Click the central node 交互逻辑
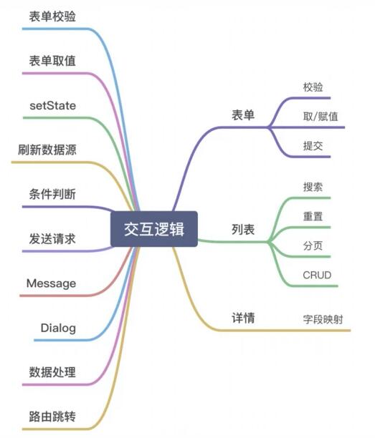(x=154, y=229)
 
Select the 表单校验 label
(x=52, y=16)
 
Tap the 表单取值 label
(x=52, y=61)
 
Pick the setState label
(x=52, y=106)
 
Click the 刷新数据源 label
(x=47, y=150)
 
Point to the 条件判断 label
(x=52, y=194)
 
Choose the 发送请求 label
(x=52, y=239)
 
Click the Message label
(x=51, y=283)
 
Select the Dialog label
(x=58, y=328)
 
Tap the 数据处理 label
(x=52, y=372)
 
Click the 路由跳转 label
(x=52, y=417)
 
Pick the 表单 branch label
(x=243, y=115)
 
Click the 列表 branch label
(x=243, y=230)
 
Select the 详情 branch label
(x=243, y=318)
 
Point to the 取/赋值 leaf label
(x=321, y=117)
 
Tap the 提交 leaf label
(x=313, y=146)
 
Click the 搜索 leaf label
(x=313, y=187)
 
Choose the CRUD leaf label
(x=317, y=275)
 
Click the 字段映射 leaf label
(x=323, y=319)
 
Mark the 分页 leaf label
(x=313, y=245)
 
